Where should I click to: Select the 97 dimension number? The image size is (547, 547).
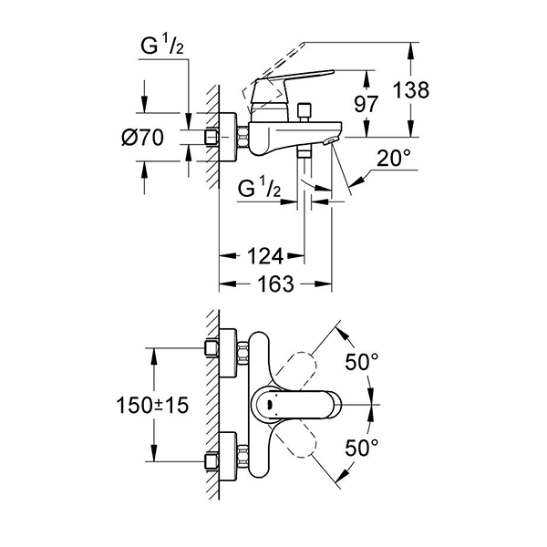point(366,104)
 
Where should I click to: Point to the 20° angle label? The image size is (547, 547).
point(394,158)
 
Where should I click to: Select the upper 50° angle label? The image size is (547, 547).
point(362,363)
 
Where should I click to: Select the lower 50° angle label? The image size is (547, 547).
point(362,447)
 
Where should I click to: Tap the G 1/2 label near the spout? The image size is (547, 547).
point(259,191)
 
